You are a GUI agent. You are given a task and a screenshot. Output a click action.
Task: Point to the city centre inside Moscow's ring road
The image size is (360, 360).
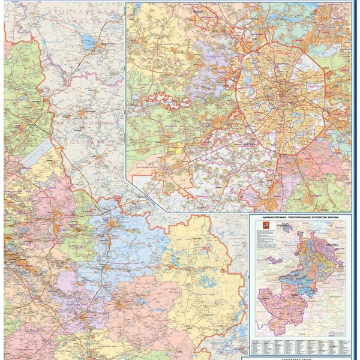[x=280, y=93]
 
